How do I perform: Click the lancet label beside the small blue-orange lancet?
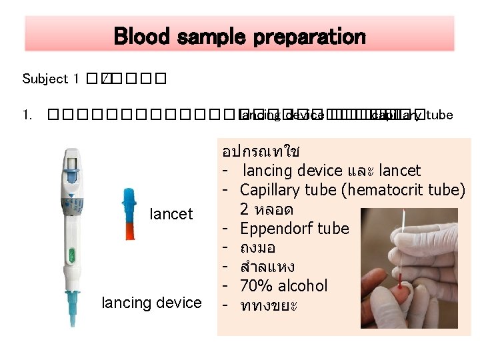[171, 214]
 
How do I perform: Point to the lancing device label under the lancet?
[151, 303]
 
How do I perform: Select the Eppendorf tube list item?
[294, 229]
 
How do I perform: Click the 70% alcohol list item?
[283, 286]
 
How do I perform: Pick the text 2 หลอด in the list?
[266, 209]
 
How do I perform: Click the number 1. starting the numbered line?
[26, 115]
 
